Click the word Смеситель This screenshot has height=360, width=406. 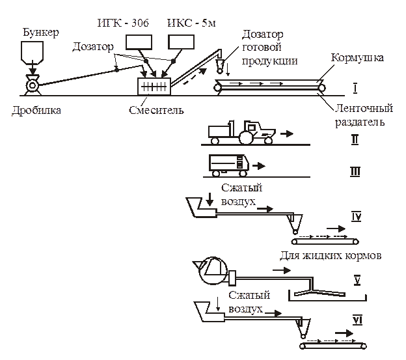(156, 109)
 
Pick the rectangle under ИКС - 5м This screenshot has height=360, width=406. (182, 42)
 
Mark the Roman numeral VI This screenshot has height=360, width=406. (357, 320)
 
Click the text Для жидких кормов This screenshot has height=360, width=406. (330, 255)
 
